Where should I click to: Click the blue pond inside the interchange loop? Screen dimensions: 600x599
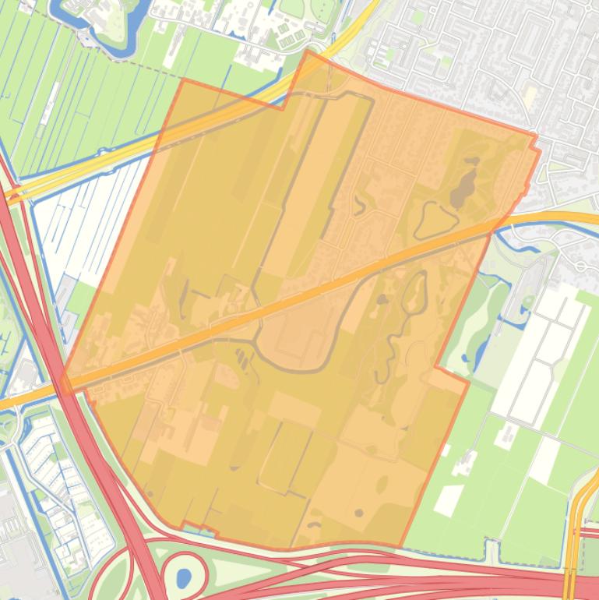coord(184,578)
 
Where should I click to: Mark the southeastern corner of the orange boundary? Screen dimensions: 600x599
coord(401,546)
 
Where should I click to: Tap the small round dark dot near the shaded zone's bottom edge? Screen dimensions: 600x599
coord(359,513)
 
